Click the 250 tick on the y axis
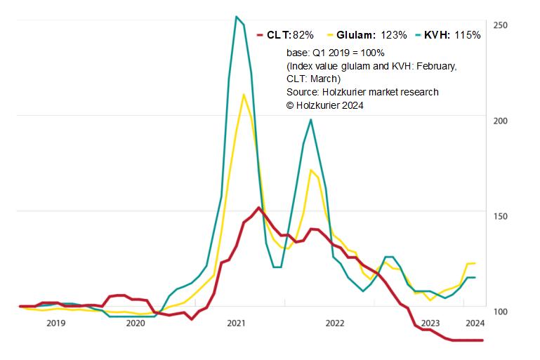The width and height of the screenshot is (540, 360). (500, 25)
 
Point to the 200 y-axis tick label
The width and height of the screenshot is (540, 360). (500, 121)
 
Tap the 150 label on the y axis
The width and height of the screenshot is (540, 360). (500, 216)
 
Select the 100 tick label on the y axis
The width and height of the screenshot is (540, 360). (500, 312)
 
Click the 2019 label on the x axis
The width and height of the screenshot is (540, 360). (55, 323)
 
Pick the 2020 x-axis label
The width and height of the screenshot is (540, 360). (136, 323)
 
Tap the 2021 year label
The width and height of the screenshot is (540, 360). (236, 323)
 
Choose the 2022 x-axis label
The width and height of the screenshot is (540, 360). (335, 323)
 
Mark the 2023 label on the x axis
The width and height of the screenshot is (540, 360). (430, 323)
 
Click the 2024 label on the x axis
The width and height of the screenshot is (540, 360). (475, 323)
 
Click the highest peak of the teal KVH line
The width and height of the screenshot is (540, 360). (237, 16)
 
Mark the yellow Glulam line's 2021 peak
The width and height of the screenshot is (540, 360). (244, 94)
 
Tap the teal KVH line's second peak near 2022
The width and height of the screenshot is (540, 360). (310, 119)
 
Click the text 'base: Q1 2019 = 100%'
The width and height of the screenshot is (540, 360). (335, 53)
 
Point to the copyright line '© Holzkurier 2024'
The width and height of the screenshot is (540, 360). (325, 105)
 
